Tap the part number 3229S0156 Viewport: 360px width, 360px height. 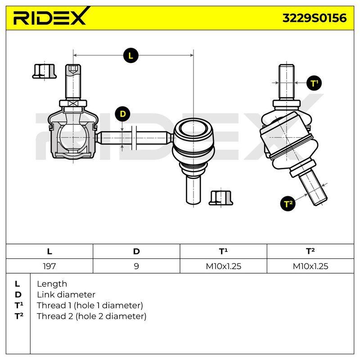click(x=314, y=18)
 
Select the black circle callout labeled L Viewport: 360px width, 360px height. click(x=130, y=55)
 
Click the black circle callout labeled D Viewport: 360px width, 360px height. click(x=123, y=114)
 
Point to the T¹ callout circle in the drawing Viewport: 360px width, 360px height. click(x=314, y=83)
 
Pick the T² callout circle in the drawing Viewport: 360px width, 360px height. click(x=288, y=204)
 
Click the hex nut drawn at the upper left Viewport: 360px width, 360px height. click(x=44, y=71)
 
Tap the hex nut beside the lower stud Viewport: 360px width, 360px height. click(x=221, y=198)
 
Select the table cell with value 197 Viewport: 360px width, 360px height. click(x=49, y=266)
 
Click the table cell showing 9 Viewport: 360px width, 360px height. click(x=136, y=266)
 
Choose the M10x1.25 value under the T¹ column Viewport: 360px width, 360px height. click(x=223, y=266)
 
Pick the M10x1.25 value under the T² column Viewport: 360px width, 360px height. click(x=310, y=266)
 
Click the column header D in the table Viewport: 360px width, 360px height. click(x=136, y=252)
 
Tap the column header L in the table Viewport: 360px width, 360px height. click(x=49, y=252)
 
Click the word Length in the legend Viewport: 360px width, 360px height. click(x=52, y=284)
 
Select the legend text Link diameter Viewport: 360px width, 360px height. click(x=66, y=295)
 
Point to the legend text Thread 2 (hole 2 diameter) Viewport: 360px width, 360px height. click(x=92, y=316)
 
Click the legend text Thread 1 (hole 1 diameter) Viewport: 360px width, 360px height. click(x=90, y=306)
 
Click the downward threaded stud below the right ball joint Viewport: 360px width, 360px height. click(x=193, y=189)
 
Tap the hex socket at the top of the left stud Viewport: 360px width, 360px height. click(x=73, y=69)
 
